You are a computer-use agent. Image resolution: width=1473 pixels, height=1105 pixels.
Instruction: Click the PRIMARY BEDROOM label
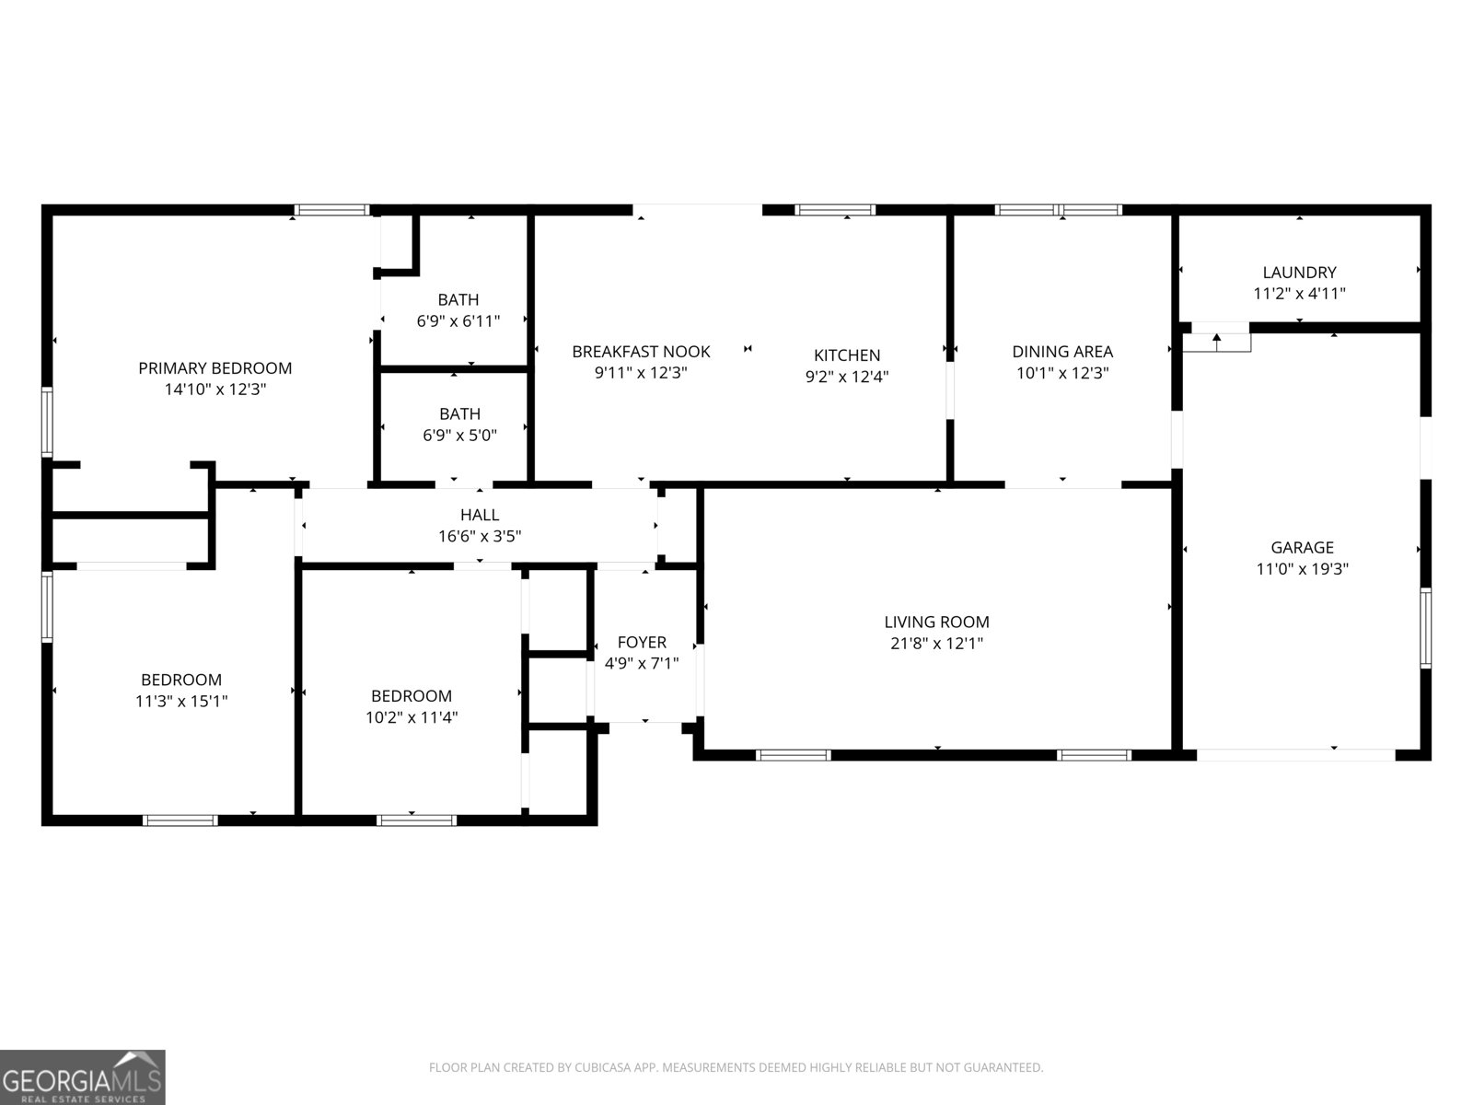pos(215,368)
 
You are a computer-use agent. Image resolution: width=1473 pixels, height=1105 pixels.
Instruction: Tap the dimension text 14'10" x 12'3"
pos(215,390)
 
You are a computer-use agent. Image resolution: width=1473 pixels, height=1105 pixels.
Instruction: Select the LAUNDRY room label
pos(1299,273)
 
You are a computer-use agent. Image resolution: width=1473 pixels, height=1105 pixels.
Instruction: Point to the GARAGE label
pos(1302,548)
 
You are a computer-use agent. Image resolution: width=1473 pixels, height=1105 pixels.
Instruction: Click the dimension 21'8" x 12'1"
pos(936,644)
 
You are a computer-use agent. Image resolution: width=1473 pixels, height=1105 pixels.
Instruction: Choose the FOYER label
pos(642,642)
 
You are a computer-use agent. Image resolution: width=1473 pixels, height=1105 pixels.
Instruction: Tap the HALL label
pos(480,516)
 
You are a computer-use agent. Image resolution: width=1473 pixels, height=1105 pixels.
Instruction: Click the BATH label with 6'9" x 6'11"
pos(458,299)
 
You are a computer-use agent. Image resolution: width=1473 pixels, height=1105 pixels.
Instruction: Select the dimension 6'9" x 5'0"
pos(459,436)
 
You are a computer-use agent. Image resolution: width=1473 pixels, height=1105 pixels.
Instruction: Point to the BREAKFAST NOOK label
pos(641,352)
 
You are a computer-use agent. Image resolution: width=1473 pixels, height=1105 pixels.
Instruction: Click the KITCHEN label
pos(847,355)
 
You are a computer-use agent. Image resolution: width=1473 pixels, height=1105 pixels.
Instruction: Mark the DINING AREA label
pos(1062,352)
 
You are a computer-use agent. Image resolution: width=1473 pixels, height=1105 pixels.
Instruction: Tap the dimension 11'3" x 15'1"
pos(181,701)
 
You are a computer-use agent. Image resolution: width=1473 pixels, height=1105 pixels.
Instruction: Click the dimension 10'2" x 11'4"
pos(412,717)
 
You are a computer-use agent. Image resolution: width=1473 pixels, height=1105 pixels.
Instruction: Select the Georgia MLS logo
pos(83,1077)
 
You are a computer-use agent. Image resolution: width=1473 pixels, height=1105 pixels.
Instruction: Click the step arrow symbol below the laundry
pos(1217,340)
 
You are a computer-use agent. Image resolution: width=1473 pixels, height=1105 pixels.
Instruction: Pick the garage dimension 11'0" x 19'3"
pos(1302,569)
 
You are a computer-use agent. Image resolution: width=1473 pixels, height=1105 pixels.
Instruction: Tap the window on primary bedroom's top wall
pos(331,210)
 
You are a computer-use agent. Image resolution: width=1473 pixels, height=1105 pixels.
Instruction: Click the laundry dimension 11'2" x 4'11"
pos(1299,294)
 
